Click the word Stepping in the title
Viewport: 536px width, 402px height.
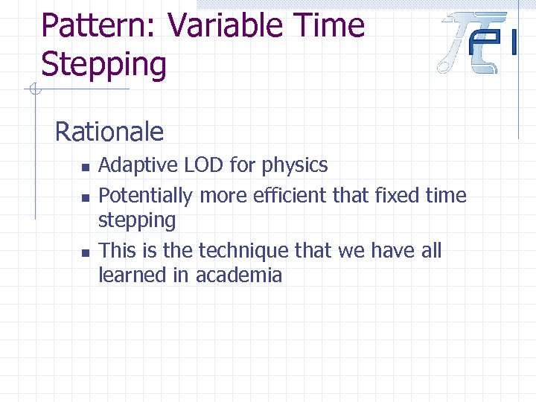coord(104,65)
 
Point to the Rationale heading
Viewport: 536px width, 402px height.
coord(109,132)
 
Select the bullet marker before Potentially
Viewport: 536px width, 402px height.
coord(86,198)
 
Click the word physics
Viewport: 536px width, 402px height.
coord(297,165)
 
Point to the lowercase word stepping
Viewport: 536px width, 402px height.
coord(137,221)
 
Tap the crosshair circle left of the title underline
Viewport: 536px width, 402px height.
coord(33,91)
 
